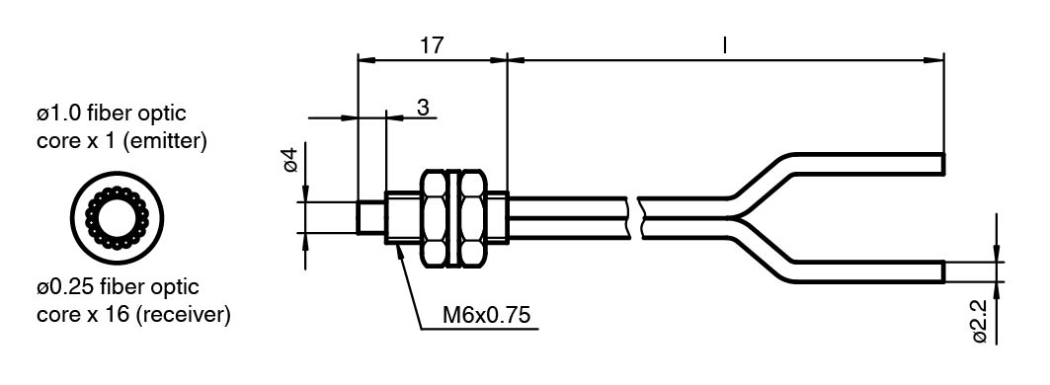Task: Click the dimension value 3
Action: pyautogui.click(x=423, y=107)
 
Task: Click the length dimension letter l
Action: pyautogui.click(x=725, y=44)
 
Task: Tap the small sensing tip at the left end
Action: pyautogui.click(x=370, y=217)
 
